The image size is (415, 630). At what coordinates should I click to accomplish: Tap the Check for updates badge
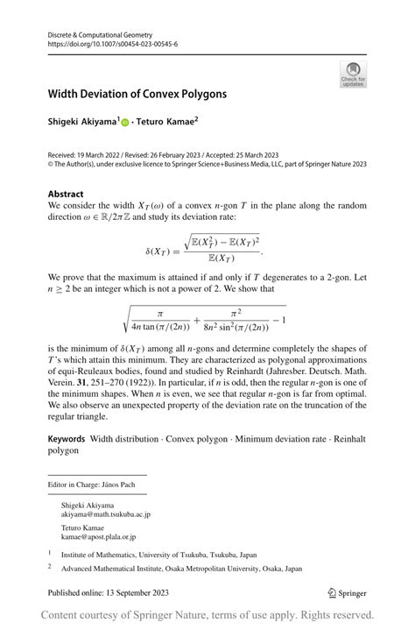pos(353,74)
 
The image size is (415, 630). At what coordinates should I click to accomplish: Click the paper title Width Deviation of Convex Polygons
pos(137,93)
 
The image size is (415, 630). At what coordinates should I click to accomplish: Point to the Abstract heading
pos(67,194)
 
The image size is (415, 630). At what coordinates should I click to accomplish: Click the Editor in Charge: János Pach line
pos(85,484)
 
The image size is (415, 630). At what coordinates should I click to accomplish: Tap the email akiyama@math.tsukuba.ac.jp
pos(107,516)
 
